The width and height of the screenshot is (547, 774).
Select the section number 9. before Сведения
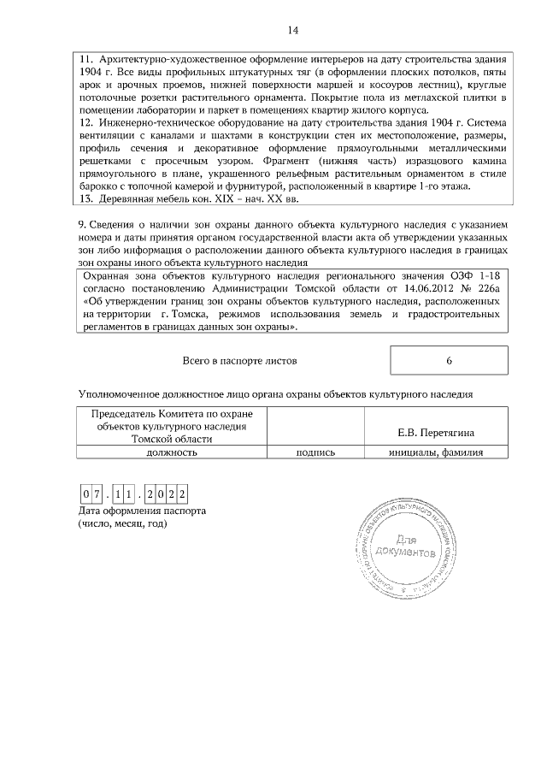pyautogui.click(x=82, y=226)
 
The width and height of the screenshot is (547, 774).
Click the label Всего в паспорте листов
pyautogui.click(x=240, y=361)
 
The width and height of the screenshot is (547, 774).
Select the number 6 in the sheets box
pyautogui.click(x=449, y=361)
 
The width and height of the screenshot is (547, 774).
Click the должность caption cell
pyautogui.click(x=172, y=452)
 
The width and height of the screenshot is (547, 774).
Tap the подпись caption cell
pyautogui.click(x=315, y=452)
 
